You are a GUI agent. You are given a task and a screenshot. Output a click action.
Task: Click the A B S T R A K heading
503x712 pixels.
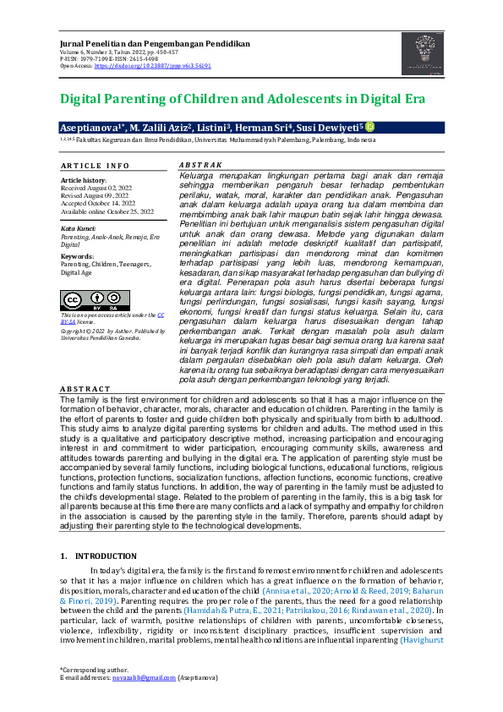(201, 164)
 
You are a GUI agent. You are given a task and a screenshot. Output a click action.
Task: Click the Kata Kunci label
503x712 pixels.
(77, 229)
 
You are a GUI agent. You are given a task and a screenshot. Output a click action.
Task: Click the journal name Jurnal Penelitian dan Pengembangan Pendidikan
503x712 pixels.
(155, 42)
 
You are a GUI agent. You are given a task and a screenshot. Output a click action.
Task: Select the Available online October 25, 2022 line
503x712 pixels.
(107, 211)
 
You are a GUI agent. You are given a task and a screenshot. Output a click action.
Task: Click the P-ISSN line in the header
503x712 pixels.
(110, 58)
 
